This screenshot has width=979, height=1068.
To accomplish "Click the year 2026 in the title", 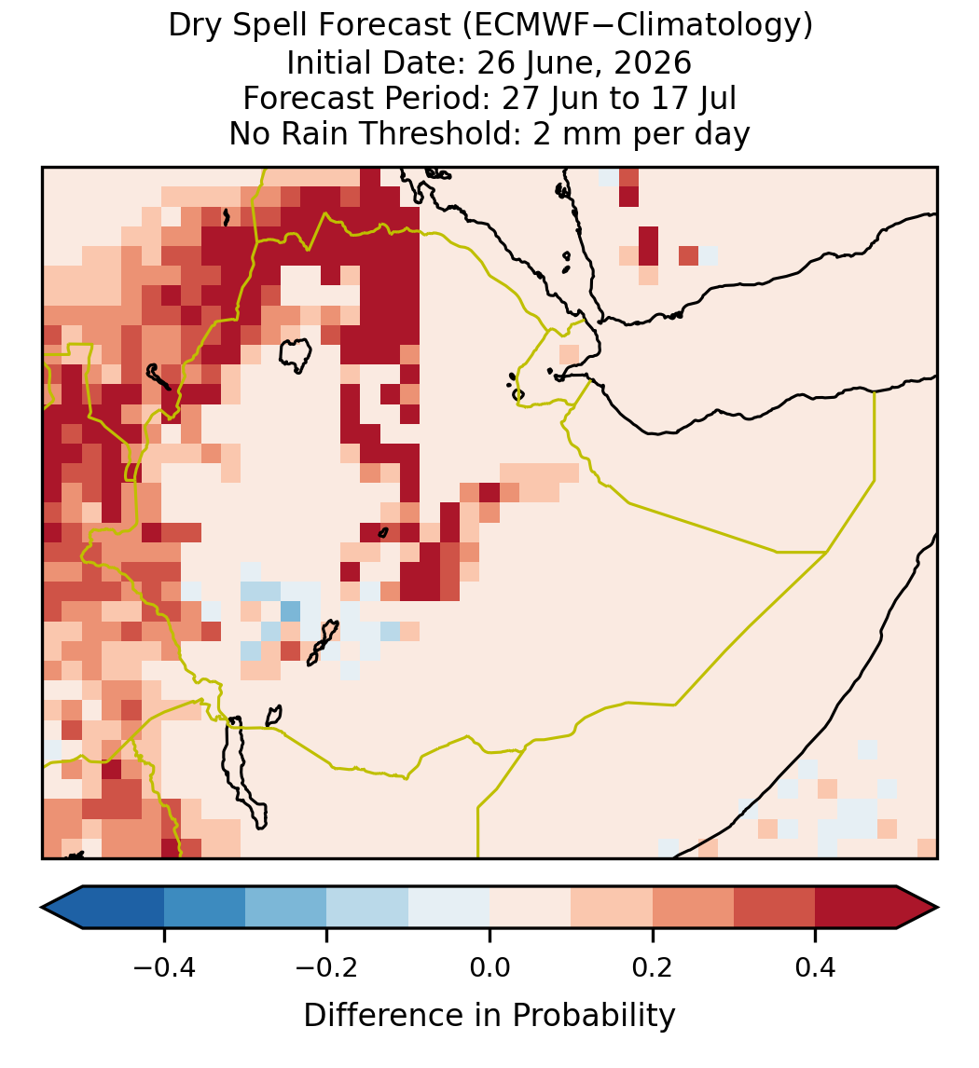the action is pos(653,62).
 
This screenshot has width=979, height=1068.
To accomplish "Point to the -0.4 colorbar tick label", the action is pos(164,966).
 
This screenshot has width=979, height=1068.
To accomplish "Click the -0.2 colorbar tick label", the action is pos(327,966).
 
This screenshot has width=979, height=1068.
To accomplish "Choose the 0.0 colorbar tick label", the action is pos(489,966).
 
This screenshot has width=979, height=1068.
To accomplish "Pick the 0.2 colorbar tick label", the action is pos(653,966).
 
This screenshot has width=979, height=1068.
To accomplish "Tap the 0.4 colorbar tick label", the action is pos(816,966).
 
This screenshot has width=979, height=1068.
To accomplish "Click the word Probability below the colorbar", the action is pos(593,1016).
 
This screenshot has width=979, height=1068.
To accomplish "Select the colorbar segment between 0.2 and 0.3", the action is pos(693,908).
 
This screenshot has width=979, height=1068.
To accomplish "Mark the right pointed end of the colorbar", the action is pos(937,908).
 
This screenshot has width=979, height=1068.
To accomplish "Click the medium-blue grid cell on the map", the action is pos(291,610).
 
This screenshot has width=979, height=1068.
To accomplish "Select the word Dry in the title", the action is pos(193,26).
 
